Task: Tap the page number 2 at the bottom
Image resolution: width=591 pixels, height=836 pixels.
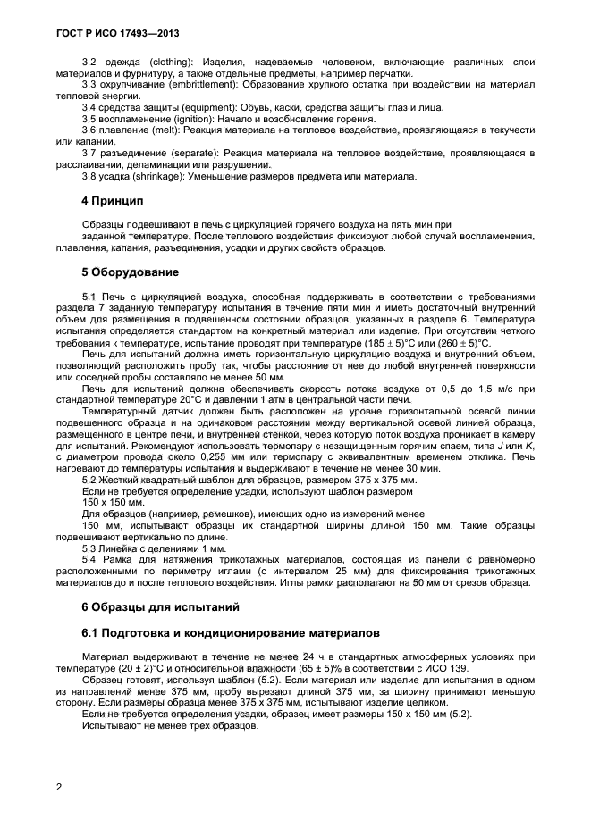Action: point(58,787)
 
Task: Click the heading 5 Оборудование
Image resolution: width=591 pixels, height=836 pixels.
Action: point(130,272)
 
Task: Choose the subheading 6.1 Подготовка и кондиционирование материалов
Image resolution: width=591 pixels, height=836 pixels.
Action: point(224,632)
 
